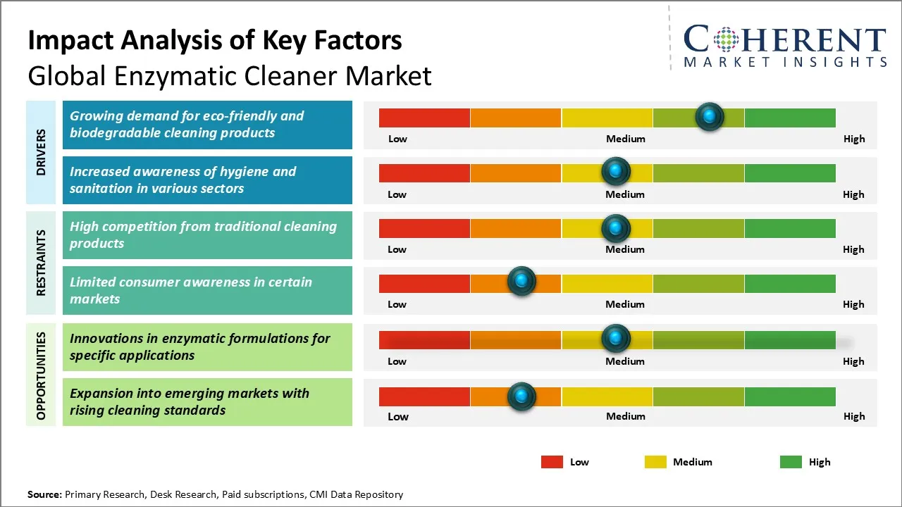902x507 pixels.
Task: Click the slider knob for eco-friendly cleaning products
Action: tap(709, 116)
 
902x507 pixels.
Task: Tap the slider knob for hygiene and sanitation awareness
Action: tap(616, 171)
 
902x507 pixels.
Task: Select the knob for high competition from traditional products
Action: tap(616, 227)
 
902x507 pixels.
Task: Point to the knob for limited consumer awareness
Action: tap(521, 282)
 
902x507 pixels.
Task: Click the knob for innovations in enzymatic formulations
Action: tap(616, 339)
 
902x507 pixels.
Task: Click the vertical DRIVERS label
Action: tap(41, 152)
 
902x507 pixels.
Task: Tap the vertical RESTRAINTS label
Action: tap(41, 263)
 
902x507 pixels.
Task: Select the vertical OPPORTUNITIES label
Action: tap(41, 375)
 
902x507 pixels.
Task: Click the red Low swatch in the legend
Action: tap(552, 462)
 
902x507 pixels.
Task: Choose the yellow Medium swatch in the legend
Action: tap(655, 462)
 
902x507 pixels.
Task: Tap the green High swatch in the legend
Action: tap(791, 462)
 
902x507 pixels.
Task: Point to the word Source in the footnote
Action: tap(44, 494)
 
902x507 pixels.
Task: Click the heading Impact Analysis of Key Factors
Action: tap(215, 40)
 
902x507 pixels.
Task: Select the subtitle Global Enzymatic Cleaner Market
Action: tap(230, 75)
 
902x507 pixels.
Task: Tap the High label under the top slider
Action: tap(854, 139)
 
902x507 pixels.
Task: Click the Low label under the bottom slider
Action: tap(398, 416)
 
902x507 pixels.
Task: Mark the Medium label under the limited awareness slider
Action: tap(625, 304)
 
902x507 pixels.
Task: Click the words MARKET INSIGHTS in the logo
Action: tap(785, 62)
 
